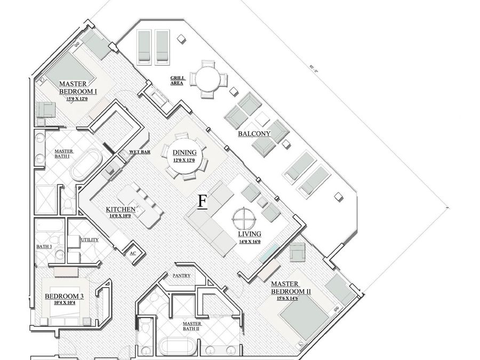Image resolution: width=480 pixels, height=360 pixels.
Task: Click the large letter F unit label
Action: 202,202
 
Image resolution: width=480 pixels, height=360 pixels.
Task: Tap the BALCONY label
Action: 254,134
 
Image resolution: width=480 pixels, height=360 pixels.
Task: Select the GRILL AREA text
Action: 178,81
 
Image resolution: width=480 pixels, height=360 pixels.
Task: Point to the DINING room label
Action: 184,153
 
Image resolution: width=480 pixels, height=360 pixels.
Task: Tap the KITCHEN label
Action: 121,210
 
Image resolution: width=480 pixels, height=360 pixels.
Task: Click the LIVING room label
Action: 250,234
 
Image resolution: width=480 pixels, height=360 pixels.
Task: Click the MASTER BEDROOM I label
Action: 78,87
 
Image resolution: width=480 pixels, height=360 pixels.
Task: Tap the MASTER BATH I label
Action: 64,154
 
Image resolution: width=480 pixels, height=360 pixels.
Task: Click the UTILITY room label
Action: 89,239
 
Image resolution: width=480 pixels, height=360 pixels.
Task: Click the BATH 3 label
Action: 44,246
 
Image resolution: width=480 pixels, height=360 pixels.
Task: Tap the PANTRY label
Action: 181,276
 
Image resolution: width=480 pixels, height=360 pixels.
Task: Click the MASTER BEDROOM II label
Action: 291,287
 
